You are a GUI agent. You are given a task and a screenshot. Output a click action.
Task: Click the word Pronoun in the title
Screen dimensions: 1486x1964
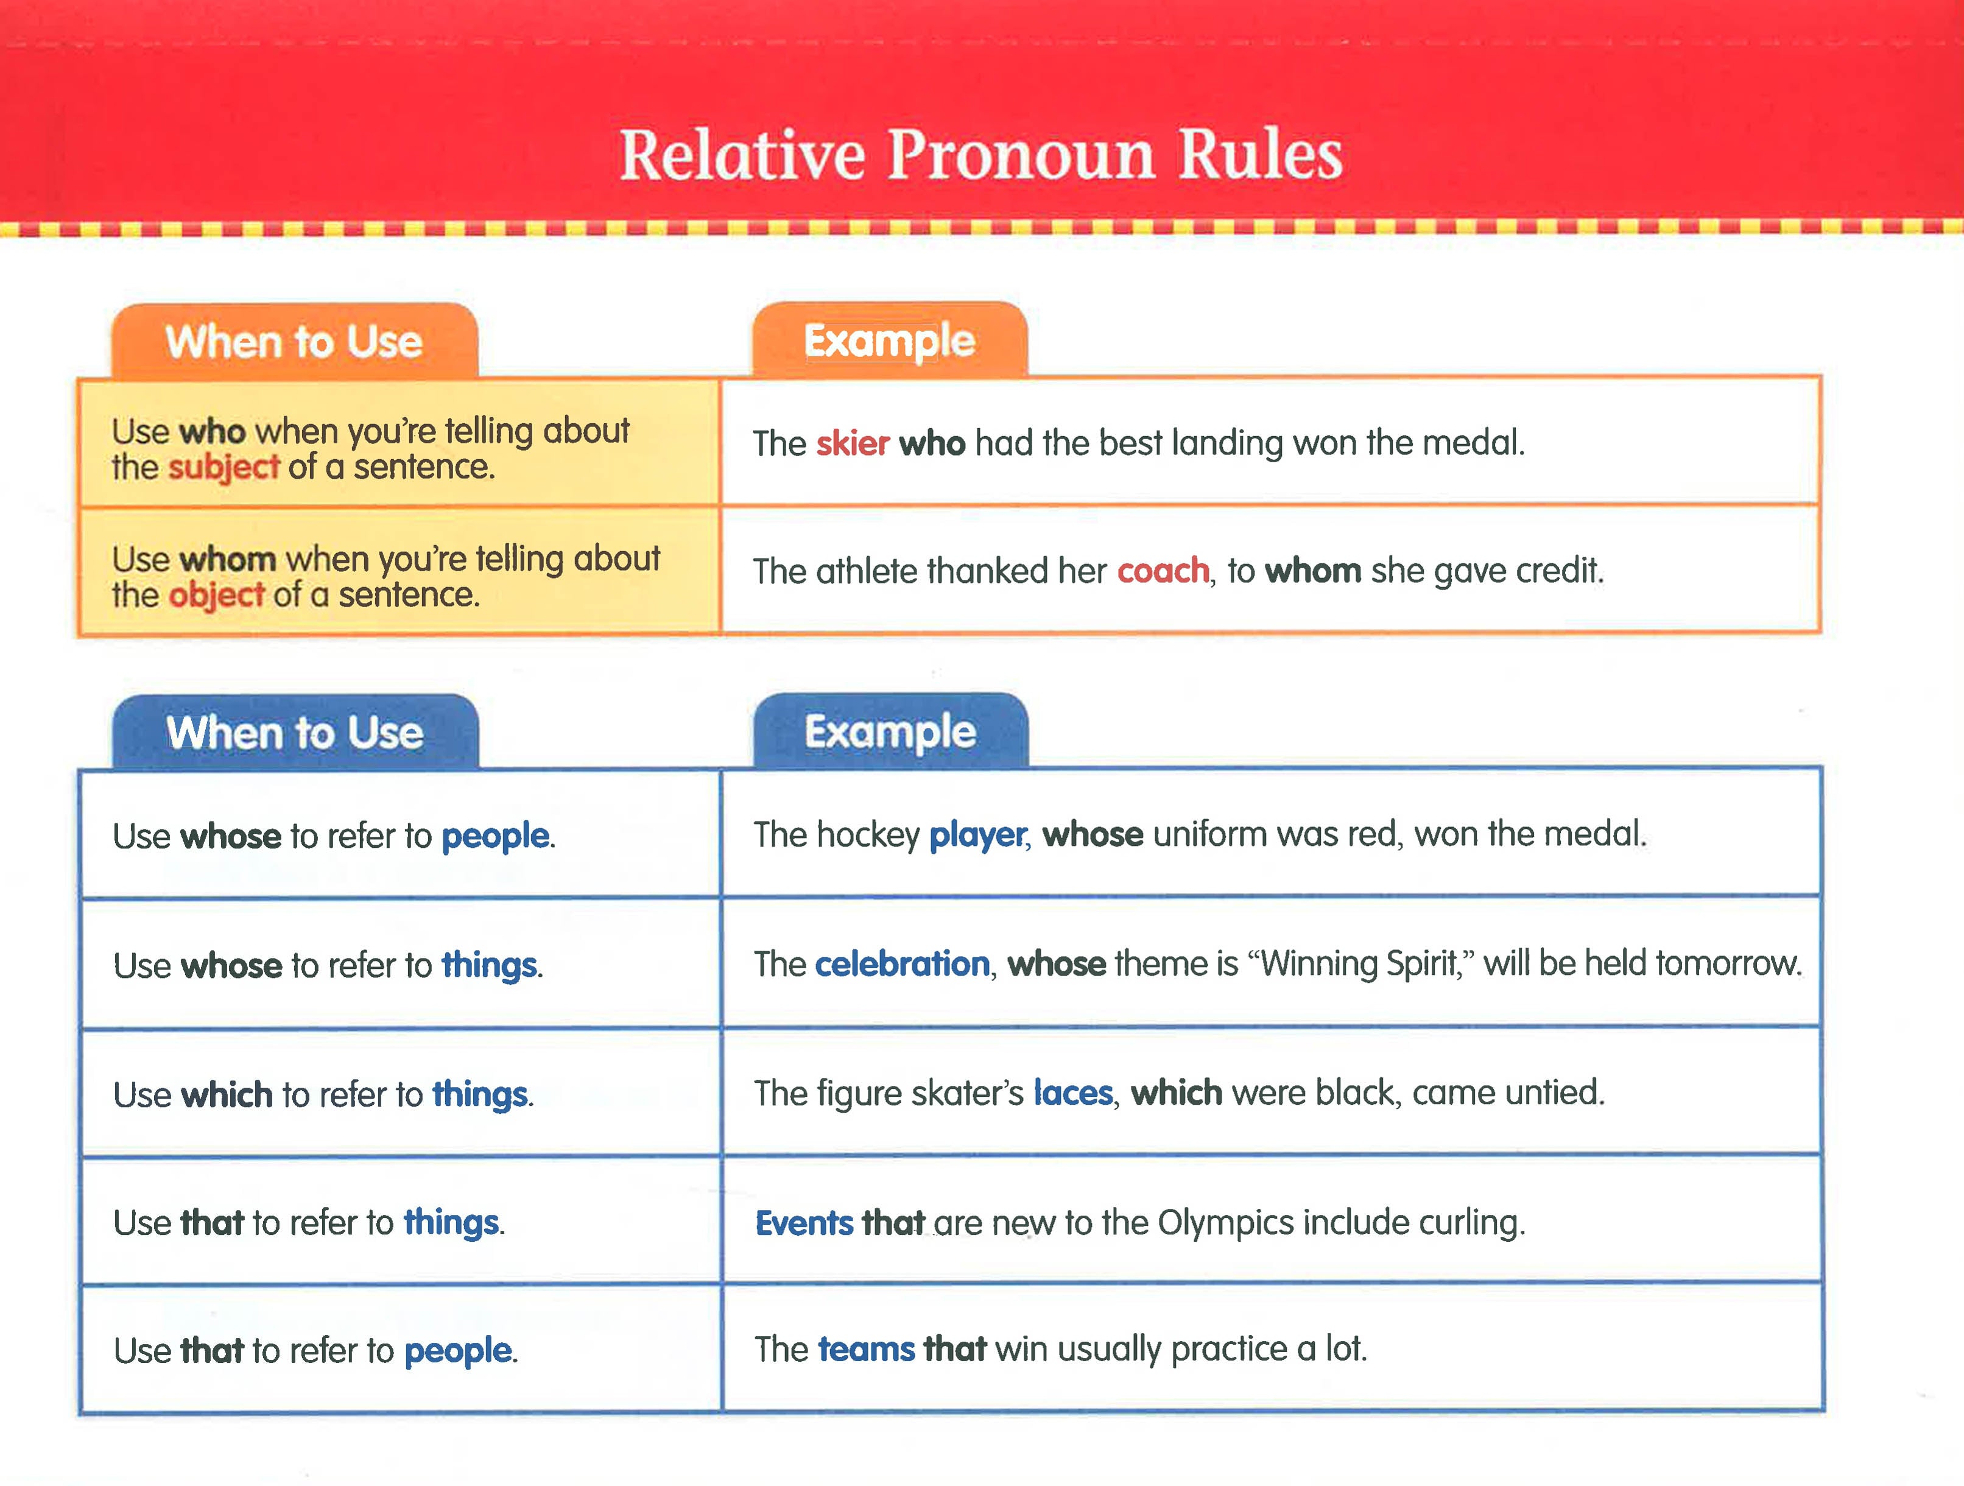coord(1021,155)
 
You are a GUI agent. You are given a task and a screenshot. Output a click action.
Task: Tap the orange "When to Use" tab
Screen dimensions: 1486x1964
coord(294,342)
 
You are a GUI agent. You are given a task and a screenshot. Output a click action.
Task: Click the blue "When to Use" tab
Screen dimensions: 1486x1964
coord(295,733)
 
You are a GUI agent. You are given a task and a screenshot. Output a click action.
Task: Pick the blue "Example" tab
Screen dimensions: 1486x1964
coord(890,733)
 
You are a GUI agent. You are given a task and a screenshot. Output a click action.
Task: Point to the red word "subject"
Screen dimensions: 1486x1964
coord(224,467)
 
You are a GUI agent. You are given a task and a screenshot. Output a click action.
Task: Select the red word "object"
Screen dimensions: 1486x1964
coord(217,595)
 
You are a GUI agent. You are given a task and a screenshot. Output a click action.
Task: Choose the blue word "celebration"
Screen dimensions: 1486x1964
coord(901,964)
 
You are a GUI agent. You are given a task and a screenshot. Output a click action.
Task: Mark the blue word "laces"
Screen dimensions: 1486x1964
coord(1072,1093)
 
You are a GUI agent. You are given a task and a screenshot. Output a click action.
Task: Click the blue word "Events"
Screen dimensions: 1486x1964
coord(803,1224)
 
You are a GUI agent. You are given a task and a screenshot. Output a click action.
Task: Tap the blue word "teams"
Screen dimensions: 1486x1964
coord(866,1350)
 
